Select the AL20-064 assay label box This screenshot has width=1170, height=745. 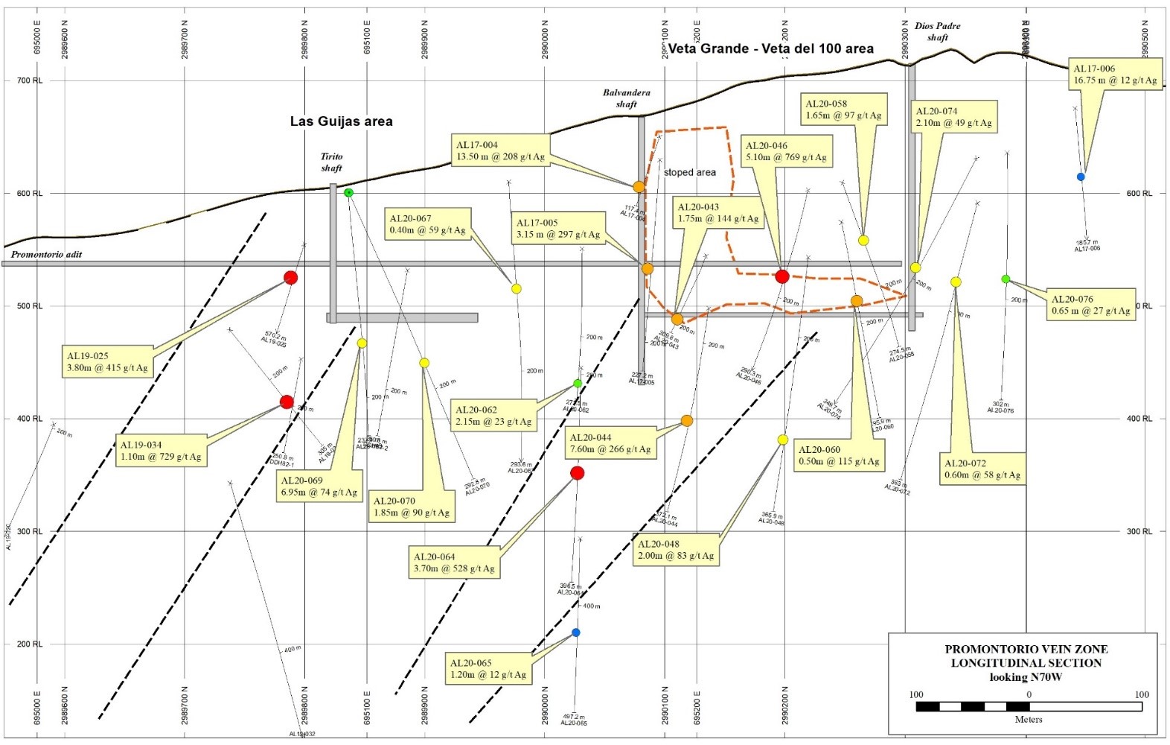pyautogui.click(x=454, y=562)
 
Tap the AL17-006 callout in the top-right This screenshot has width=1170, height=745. pyautogui.click(x=1115, y=74)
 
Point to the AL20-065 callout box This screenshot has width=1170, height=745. pyautogui.click(x=488, y=669)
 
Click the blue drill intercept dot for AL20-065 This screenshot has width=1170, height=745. pyautogui.click(x=575, y=633)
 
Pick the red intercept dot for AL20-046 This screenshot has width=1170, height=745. pyautogui.click(x=781, y=276)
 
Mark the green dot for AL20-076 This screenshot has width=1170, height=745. pyautogui.click(x=1006, y=279)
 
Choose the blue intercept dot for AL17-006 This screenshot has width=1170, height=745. pyautogui.click(x=1081, y=177)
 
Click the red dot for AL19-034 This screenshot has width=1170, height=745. pyautogui.click(x=287, y=402)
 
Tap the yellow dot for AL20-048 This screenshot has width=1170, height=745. pyautogui.click(x=782, y=440)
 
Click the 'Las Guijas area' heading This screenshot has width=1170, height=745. pyautogui.click(x=341, y=121)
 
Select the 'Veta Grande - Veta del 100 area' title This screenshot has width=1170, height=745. pyautogui.click(x=770, y=49)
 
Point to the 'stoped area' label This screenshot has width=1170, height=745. pyautogui.click(x=689, y=172)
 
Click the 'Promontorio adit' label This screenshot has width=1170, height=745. pyautogui.click(x=46, y=254)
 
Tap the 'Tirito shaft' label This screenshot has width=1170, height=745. pyautogui.click(x=331, y=162)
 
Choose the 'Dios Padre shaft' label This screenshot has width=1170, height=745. pyautogui.click(x=937, y=31)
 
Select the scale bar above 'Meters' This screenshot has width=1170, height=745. pyautogui.click(x=1029, y=706)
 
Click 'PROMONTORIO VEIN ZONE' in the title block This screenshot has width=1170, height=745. pyautogui.click(x=1026, y=650)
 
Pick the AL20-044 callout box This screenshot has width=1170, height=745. pyautogui.click(x=610, y=443)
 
